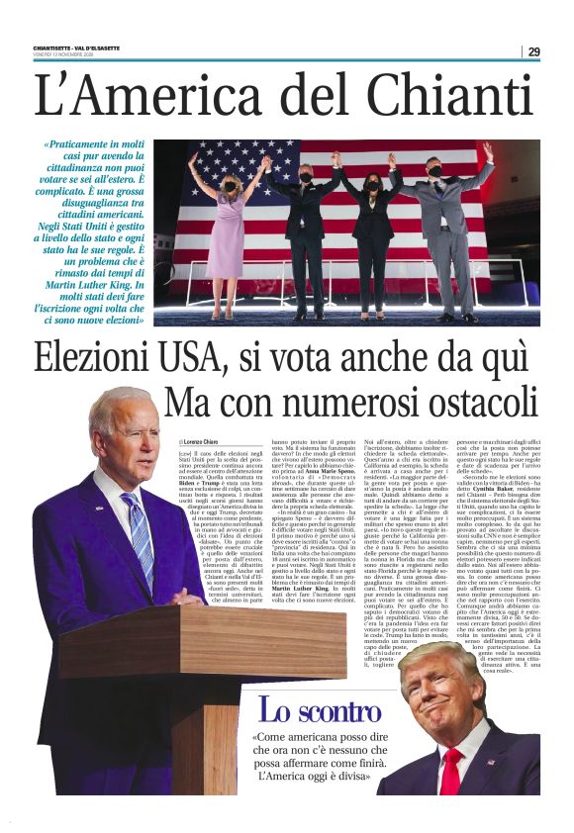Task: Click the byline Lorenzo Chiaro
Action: (199, 441)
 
